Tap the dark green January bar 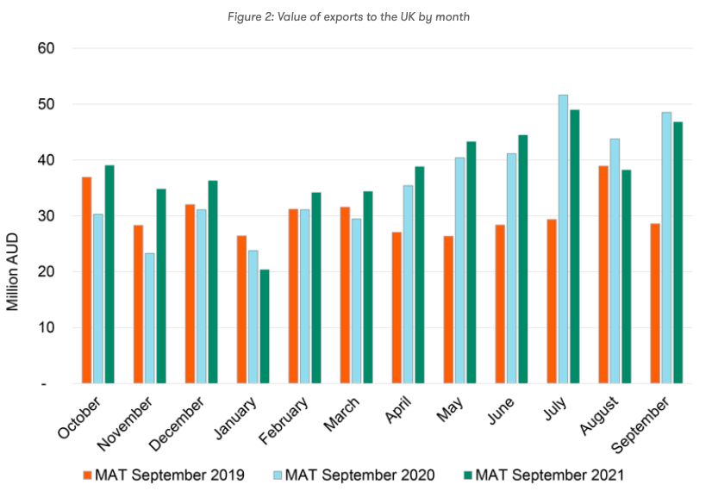tap(265, 326)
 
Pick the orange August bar tap(603, 275)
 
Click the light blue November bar tap(150, 318)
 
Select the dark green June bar tap(523, 259)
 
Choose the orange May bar tap(448, 309)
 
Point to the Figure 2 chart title tap(356, 17)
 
